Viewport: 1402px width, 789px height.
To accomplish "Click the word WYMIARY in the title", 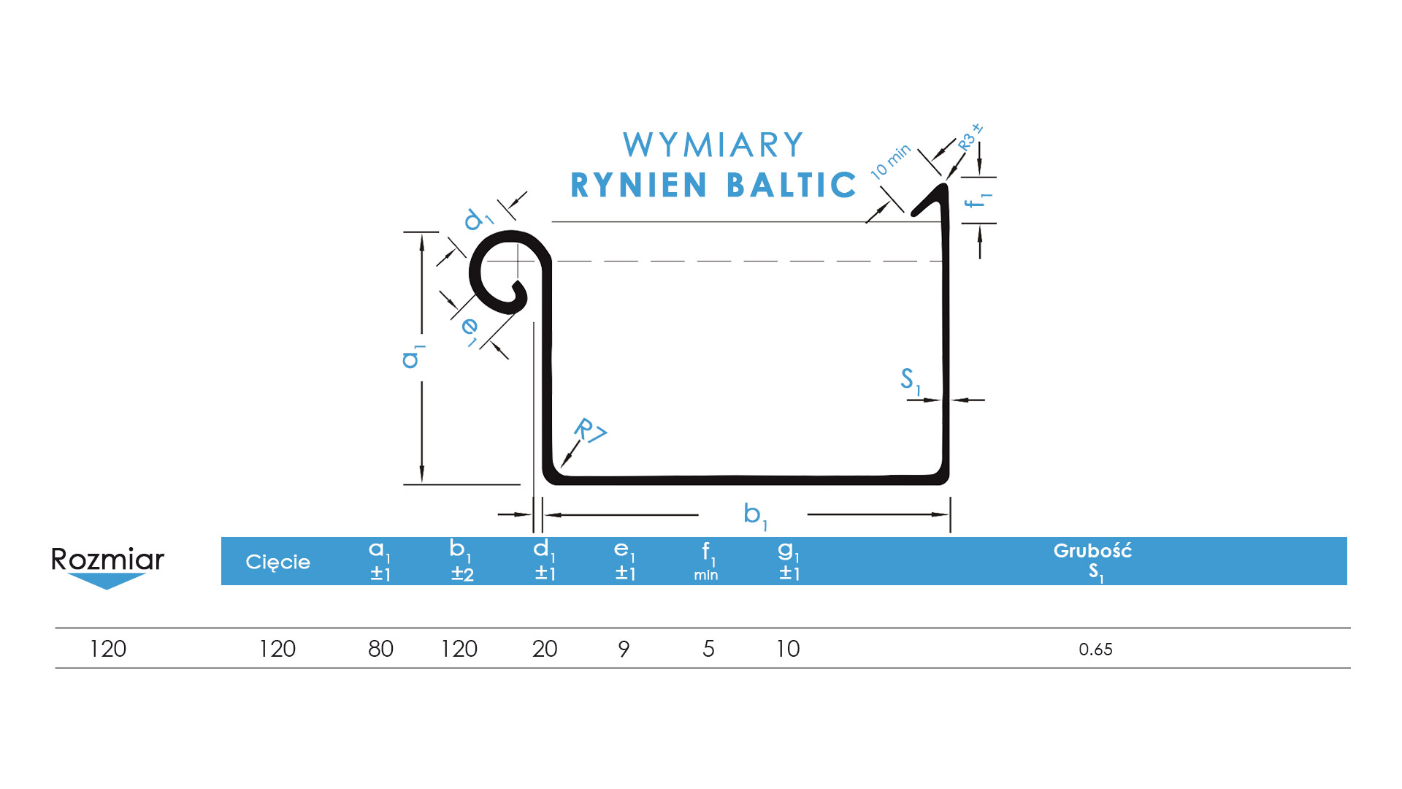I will click(x=713, y=145).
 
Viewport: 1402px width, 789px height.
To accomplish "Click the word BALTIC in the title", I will click(x=792, y=186).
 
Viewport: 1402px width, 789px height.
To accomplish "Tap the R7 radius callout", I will click(x=590, y=430).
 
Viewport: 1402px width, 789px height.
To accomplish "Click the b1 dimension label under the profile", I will click(x=754, y=515).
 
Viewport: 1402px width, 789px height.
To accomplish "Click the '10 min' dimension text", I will click(x=890, y=161).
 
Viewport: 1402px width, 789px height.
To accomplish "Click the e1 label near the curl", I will click(x=470, y=329).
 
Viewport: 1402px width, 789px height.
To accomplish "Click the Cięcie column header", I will click(x=277, y=562).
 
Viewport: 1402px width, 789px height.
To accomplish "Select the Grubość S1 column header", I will click(x=1092, y=561).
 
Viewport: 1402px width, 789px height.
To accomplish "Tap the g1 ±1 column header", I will click(x=789, y=561).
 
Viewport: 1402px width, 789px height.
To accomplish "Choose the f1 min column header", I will click(x=706, y=561).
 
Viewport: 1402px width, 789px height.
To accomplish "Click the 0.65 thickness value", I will click(x=1095, y=649).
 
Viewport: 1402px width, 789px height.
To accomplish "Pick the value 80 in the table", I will click(x=380, y=649).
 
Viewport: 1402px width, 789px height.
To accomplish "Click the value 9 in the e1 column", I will click(x=624, y=649).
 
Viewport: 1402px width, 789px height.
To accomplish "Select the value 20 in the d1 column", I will click(x=545, y=649).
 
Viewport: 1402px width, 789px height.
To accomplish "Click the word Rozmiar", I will click(x=107, y=560).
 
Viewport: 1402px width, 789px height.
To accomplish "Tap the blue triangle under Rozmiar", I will click(x=107, y=581).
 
